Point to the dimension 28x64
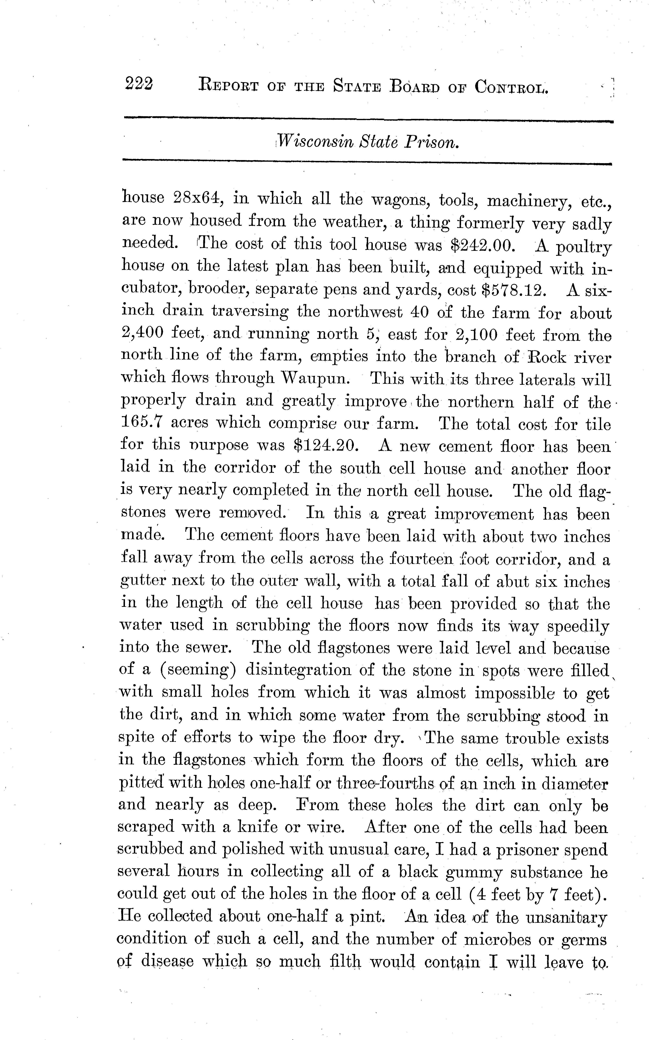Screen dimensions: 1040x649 click(198, 198)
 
